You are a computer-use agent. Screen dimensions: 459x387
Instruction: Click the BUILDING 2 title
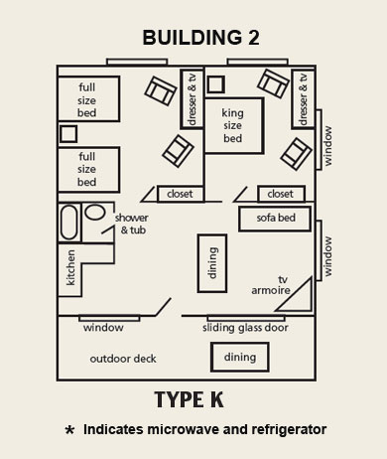[x=193, y=39]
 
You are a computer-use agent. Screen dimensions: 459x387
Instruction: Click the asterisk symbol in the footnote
[x=68, y=431]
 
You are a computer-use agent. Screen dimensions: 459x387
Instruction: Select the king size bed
[x=232, y=125]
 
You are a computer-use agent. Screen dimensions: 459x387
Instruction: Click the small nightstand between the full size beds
[x=68, y=133]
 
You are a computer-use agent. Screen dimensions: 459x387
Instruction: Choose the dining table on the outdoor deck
[x=239, y=357]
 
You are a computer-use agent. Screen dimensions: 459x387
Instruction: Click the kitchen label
[x=70, y=268]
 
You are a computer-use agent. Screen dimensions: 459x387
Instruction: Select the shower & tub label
[x=132, y=224]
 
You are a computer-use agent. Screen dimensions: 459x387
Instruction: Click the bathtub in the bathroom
[x=68, y=222]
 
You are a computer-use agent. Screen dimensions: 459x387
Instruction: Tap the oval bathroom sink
[x=95, y=212]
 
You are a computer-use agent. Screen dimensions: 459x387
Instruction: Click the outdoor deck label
[x=123, y=359]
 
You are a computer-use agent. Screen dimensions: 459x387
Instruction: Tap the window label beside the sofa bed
[x=328, y=255]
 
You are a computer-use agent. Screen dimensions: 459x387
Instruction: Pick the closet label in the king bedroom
[x=281, y=194]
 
